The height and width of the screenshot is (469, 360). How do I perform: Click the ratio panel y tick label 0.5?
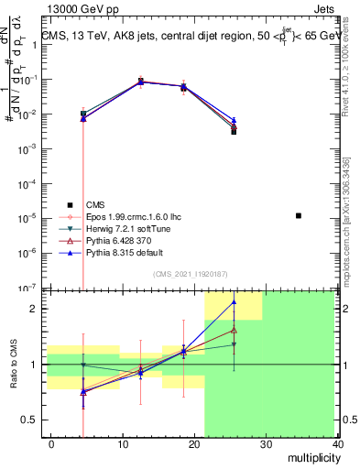[x=28, y=420]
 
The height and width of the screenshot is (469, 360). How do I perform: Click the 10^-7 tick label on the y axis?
[x=25, y=288]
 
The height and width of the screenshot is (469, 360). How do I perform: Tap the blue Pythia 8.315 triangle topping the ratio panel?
[x=234, y=301]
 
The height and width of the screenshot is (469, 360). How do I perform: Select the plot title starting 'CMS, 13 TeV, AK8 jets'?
[x=190, y=35]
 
